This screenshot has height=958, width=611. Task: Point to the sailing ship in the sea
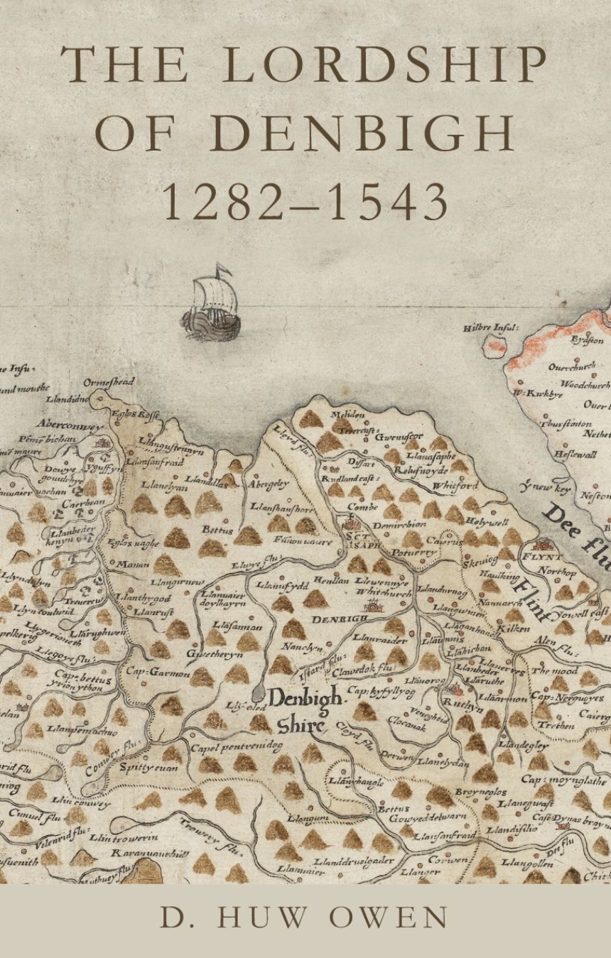211,305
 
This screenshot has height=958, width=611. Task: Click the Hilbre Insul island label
491,329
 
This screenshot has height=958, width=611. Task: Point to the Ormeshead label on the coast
109,383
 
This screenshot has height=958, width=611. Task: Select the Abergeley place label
269,484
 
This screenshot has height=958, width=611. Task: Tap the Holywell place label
486,522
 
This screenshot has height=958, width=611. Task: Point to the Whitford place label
455,486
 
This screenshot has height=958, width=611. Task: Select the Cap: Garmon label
158,671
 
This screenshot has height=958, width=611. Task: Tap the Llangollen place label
526,864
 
